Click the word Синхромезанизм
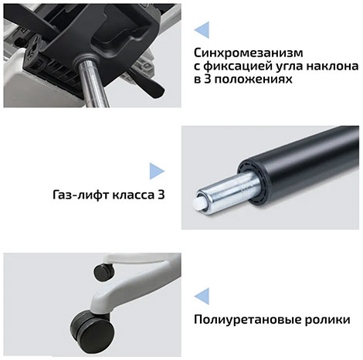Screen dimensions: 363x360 (x=249, y=53)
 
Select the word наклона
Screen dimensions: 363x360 (x=332, y=66)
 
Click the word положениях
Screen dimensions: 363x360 (x=253, y=79)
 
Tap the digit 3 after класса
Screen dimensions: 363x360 (x=161, y=195)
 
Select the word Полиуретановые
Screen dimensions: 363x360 (x=248, y=320)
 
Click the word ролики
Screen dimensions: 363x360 (x=327, y=320)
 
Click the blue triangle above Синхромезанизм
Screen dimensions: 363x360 (x=203, y=30)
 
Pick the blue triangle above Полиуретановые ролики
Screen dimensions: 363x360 (x=203, y=297)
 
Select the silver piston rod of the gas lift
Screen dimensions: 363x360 (x=226, y=193)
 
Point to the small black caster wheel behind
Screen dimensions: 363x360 (x=104, y=272)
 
